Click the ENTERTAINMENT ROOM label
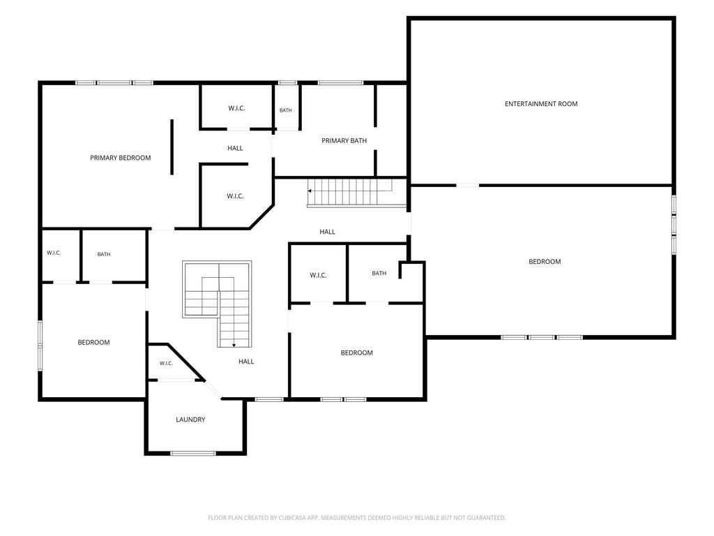[541, 104]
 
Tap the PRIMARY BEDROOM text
[120, 158]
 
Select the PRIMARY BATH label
[344, 140]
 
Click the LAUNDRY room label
[190, 419]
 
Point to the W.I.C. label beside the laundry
[166, 363]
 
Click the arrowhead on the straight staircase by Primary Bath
[310, 191]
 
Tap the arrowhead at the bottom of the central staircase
[234, 345]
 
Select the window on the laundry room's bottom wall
[192, 453]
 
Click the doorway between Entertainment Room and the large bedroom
[467, 185]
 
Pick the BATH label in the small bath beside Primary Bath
[285, 110]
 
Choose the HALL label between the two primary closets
[235, 148]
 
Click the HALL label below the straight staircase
[327, 232]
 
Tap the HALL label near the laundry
[246, 362]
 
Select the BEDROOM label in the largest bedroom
[545, 262]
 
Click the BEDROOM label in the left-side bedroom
[93, 342]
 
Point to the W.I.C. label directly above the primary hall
[236, 108]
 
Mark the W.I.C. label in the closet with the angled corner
[235, 196]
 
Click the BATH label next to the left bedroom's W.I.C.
[104, 254]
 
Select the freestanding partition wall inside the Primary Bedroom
[172, 147]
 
